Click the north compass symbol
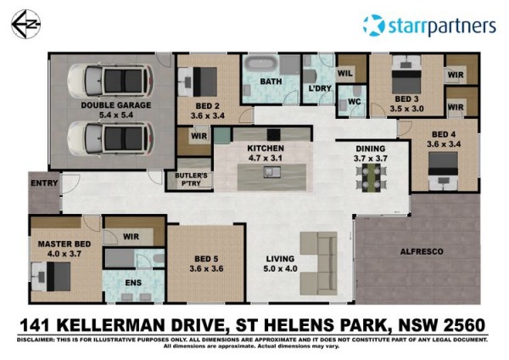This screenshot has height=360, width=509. pos(25,25)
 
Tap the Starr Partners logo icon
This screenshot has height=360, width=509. pos(374,25)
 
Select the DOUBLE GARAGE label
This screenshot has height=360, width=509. pos(116,105)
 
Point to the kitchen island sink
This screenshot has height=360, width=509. pos(272,172)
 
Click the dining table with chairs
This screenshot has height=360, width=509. pos(372,177)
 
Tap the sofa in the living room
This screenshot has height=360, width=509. pos(319,263)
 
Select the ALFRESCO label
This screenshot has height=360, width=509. pos(422,251)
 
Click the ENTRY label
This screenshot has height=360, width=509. pos(44,183)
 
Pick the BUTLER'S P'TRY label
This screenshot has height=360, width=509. pos(191,179)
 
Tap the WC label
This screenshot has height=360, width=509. pos(354,102)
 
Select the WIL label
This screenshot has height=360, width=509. pos(345,73)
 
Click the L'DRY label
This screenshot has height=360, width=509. pos(320,88)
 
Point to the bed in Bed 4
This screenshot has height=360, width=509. pos(443,172)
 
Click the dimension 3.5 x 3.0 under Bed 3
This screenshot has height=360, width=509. pos(406,109)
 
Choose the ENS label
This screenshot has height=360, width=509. pos(133,283)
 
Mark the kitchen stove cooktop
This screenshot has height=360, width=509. pos(274,134)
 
